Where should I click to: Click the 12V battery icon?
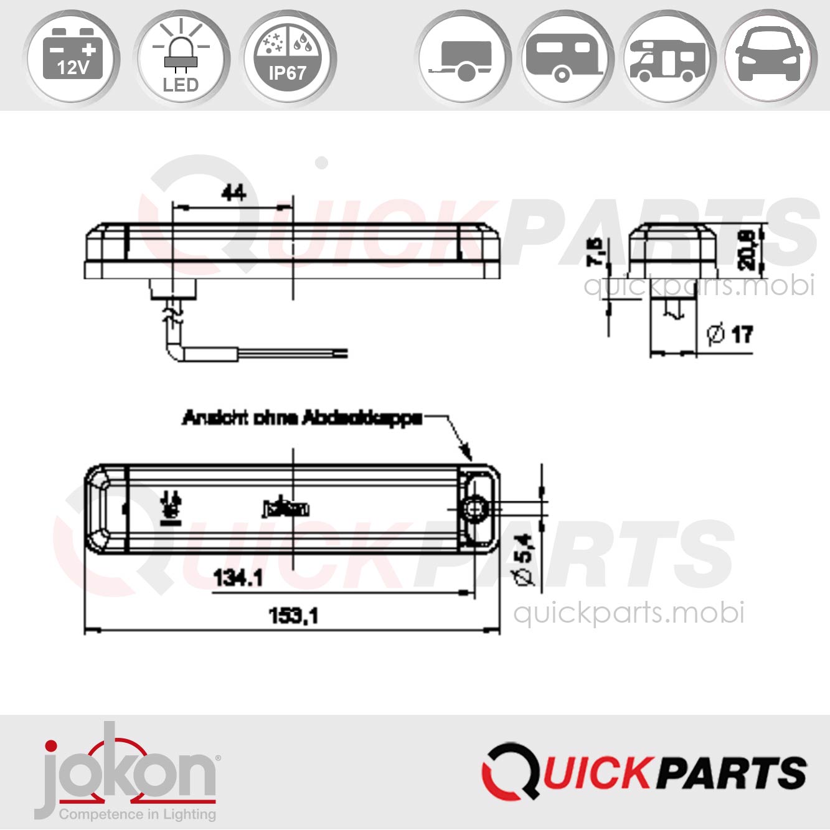[x=72, y=57]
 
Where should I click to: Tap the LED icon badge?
[x=181, y=57]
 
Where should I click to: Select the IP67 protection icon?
[x=287, y=57]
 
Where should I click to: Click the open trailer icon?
[x=464, y=57]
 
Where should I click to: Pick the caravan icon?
[x=565, y=57]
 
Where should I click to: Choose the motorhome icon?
[x=667, y=57]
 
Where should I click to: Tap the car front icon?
[x=770, y=57]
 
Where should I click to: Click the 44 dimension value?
[x=233, y=193]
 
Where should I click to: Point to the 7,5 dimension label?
[x=596, y=252]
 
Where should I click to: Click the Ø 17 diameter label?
[x=730, y=334]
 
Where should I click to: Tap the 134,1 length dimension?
[x=238, y=578]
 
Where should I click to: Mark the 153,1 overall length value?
[x=293, y=616]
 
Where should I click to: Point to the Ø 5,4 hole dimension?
[x=525, y=559]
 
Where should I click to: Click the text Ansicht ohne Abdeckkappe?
[x=303, y=418]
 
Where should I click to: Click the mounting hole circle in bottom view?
[x=475, y=509]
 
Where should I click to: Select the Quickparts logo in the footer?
[x=644, y=772]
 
